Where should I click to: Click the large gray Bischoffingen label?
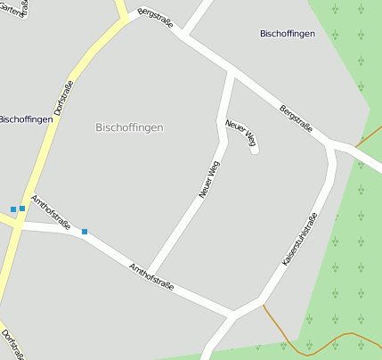tap(129, 127)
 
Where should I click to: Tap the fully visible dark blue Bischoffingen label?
tap(288, 34)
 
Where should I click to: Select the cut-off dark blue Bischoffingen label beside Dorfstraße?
tap(25, 119)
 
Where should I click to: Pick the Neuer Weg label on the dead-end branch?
tap(241, 133)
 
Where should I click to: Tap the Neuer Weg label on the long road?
tap(209, 180)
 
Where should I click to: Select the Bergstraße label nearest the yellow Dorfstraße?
tap(156, 19)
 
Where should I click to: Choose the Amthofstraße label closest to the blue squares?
tap(51, 213)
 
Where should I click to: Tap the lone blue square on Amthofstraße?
tap(85, 232)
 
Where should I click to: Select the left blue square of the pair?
tap(13, 209)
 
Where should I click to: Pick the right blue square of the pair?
tap(22, 209)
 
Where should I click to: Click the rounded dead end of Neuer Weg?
tap(254, 149)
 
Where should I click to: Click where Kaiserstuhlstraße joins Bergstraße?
tap(333, 143)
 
